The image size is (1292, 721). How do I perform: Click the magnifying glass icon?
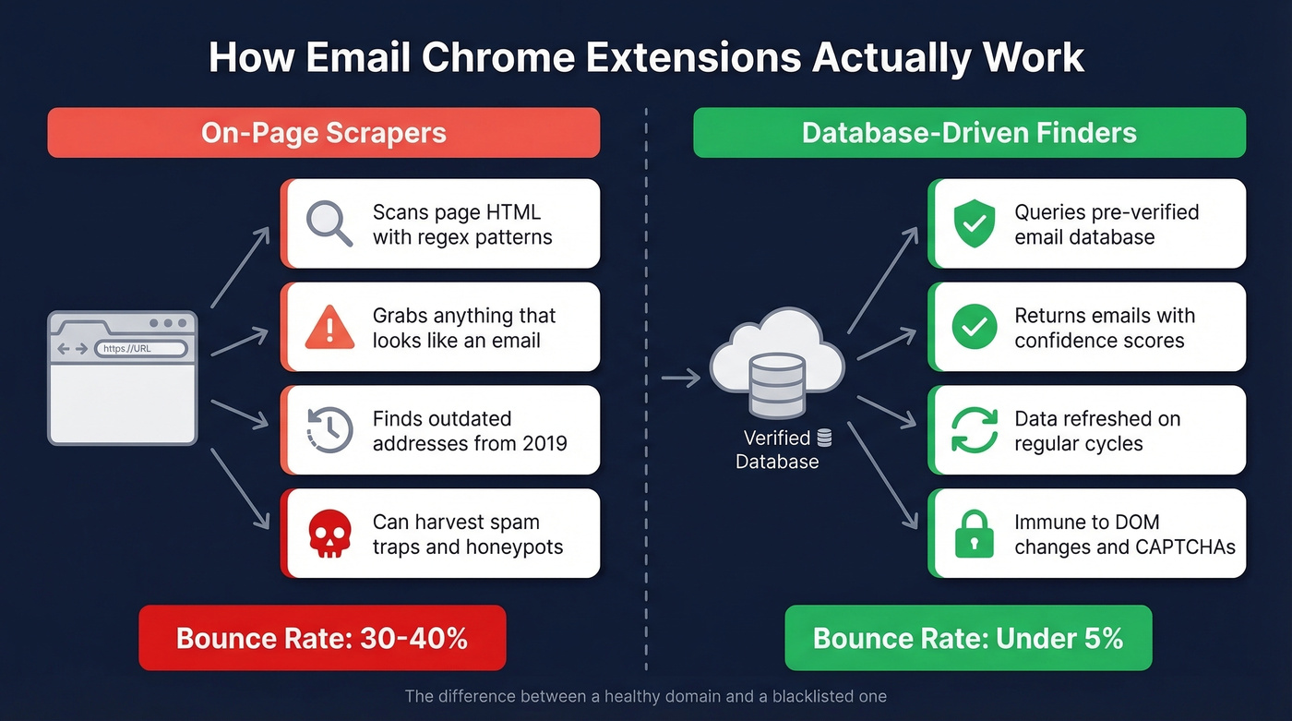[x=329, y=224]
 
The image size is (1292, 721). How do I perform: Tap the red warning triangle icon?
[x=329, y=327]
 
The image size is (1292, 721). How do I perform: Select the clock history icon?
[x=329, y=430]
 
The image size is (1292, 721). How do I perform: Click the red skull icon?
[x=329, y=534]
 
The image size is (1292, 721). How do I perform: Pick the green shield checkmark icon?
[x=975, y=223]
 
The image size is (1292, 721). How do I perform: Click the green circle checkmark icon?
[x=975, y=327]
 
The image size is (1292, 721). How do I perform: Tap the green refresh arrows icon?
[x=975, y=430]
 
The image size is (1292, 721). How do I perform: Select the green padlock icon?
[x=975, y=534]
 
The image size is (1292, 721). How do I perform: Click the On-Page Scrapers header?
[x=324, y=133]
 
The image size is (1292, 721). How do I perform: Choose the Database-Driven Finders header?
[x=969, y=133]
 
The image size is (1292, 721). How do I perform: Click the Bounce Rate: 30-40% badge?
[x=322, y=638]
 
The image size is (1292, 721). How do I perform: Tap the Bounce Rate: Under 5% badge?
[x=968, y=638]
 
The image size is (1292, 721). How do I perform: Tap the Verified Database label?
[x=777, y=450]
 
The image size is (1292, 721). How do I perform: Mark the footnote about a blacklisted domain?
[x=645, y=696]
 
